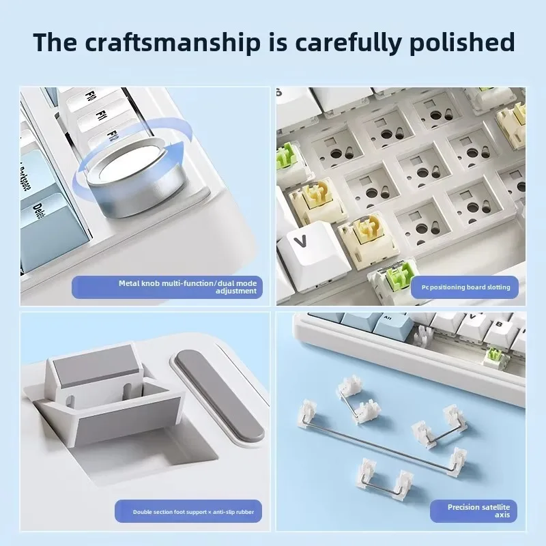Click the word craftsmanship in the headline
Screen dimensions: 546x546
173,43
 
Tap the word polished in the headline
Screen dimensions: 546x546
462,43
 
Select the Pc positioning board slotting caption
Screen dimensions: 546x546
466,287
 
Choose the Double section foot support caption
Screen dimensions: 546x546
193,512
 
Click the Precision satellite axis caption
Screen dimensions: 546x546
479,511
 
